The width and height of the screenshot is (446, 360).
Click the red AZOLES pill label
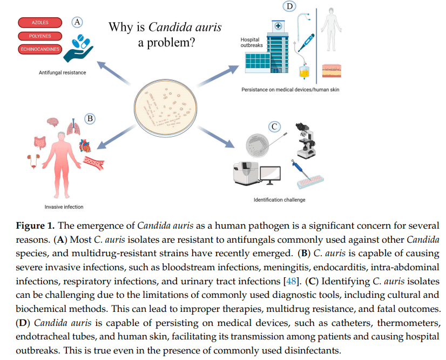tap(40, 23)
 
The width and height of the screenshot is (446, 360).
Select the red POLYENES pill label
tap(40, 36)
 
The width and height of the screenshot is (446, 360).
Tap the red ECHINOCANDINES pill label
tap(40, 49)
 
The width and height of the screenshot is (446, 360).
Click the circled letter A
tap(78, 22)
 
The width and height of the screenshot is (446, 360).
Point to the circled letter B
tap(91, 118)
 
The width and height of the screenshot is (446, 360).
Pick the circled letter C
tap(275, 126)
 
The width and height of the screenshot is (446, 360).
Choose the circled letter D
tap(289, 6)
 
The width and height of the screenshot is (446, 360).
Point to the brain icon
tap(52, 123)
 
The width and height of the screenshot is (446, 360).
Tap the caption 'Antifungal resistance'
tap(62, 72)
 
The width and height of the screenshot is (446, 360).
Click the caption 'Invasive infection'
tap(64, 207)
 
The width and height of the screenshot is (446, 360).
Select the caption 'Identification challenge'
tap(279, 200)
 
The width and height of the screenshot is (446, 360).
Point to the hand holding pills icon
tap(82, 47)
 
